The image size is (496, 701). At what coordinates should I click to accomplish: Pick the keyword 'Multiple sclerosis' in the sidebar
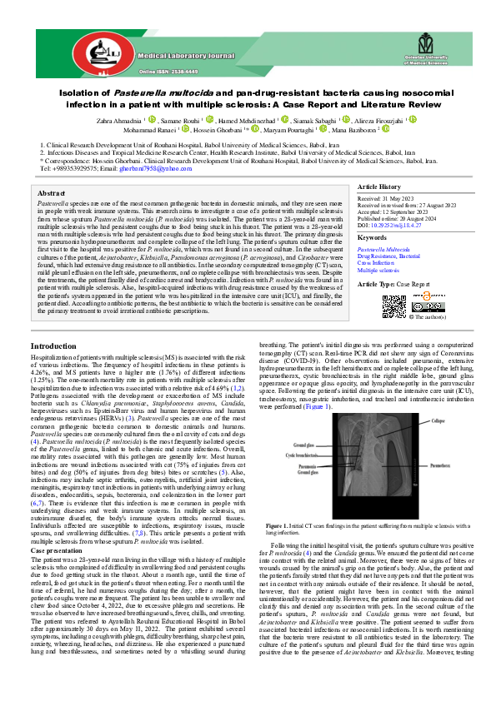pos(379,271)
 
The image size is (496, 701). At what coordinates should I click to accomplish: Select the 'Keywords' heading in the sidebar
pos(372,236)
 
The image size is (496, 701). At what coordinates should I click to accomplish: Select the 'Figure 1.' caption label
pos(296,505)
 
